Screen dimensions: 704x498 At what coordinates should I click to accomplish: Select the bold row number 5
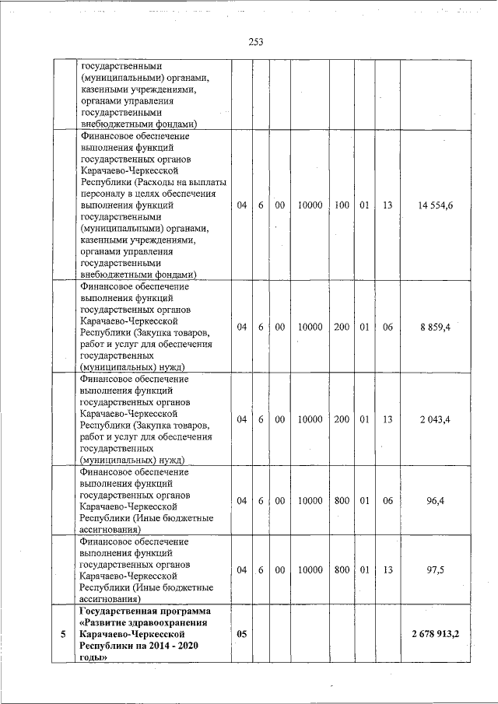[x=62, y=634]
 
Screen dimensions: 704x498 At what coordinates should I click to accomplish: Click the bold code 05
[x=241, y=634]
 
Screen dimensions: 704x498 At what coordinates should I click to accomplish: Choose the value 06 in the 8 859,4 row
[x=388, y=327]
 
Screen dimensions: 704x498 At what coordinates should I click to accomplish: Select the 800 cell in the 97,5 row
[x=342, y=569]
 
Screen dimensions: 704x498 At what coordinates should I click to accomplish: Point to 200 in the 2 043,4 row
[x=342, y=419]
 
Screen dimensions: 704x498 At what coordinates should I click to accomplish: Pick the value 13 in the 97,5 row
[x=388, y=569]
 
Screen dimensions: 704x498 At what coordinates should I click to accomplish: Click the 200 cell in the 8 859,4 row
[x=342, y=327]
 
